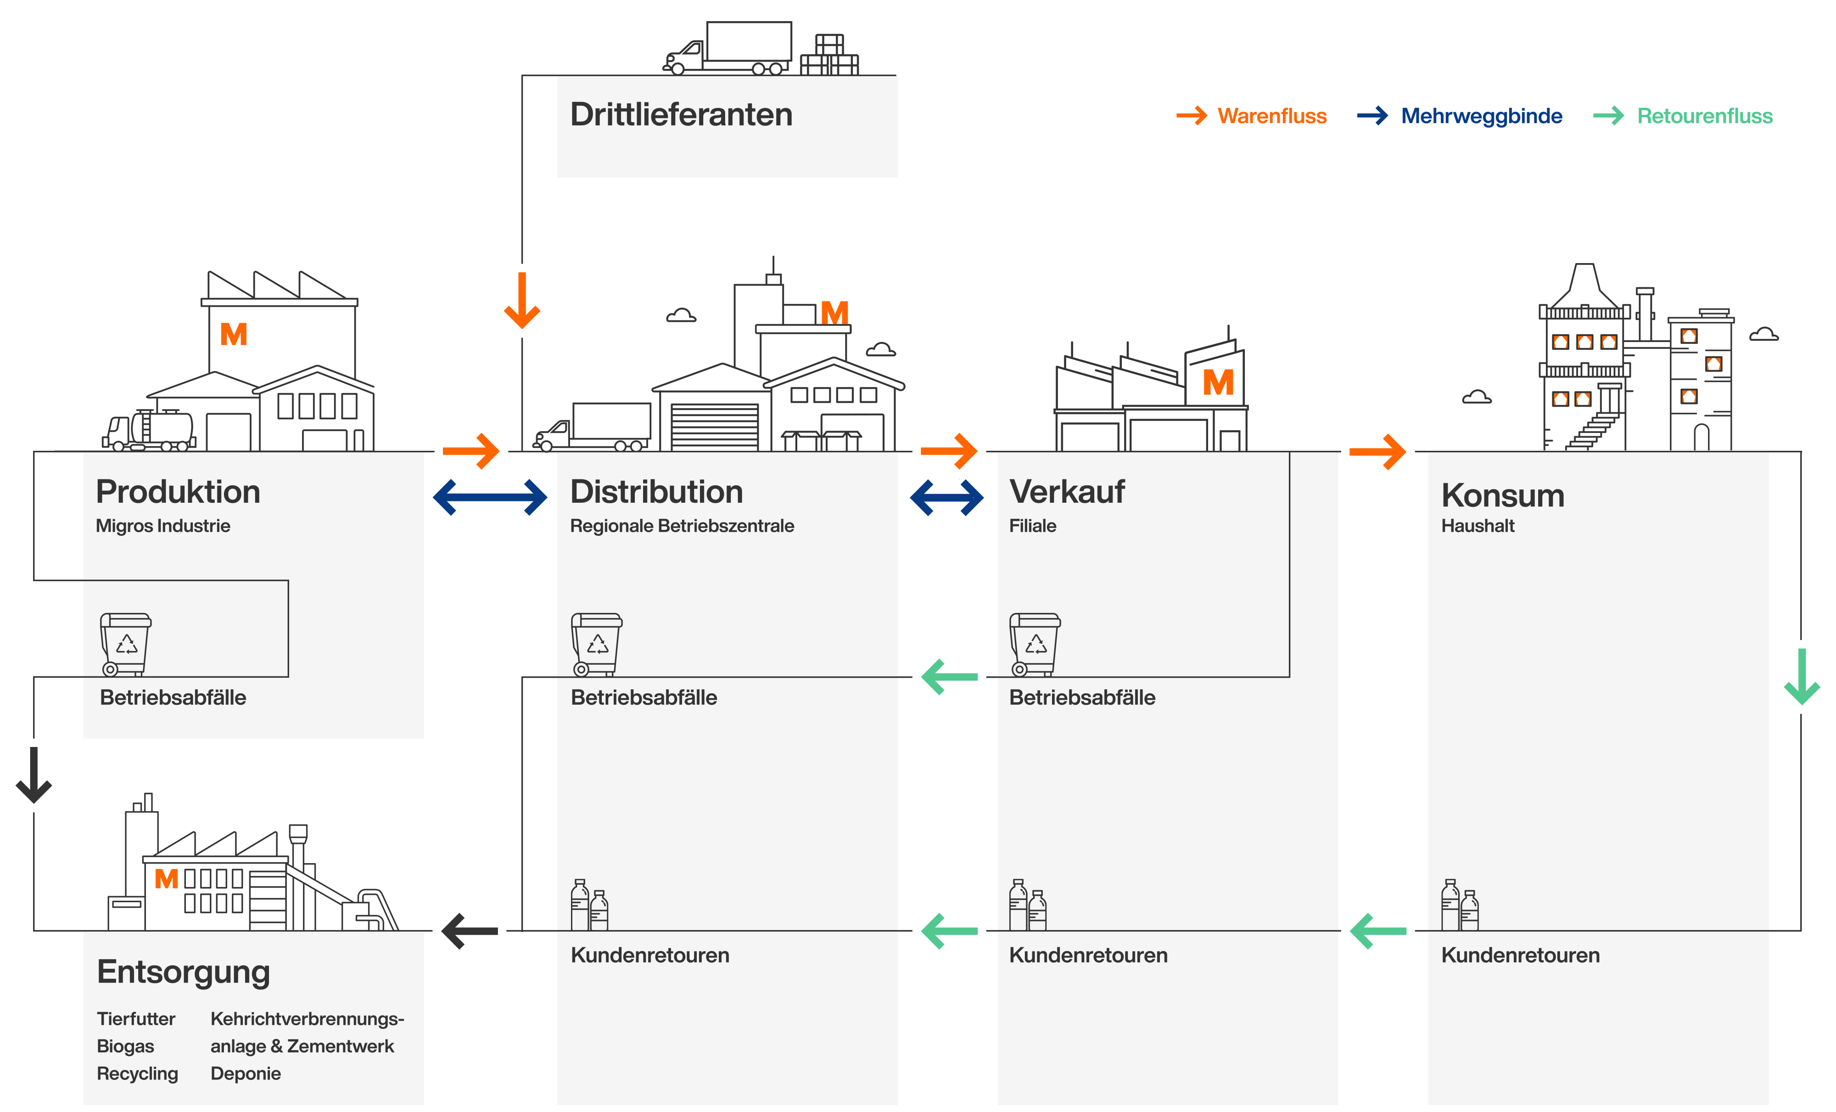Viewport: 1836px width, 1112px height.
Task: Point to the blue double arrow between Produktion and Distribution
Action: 490,497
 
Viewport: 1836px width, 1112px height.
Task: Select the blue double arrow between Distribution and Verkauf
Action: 946,497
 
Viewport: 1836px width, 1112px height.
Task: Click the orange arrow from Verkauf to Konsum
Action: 1377,451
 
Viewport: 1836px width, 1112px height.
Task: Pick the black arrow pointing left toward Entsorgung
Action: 470,931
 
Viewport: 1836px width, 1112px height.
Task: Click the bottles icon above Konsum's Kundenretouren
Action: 1459,905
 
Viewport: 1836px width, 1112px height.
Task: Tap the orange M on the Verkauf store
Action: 1218,383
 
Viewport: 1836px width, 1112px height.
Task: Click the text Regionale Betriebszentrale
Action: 681,526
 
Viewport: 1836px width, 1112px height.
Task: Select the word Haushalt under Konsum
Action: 1477,526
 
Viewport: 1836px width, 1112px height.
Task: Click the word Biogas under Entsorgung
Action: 125,1046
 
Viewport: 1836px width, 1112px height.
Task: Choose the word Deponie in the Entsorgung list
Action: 245,1074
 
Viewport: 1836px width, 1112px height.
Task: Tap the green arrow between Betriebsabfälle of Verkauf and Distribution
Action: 949,677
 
